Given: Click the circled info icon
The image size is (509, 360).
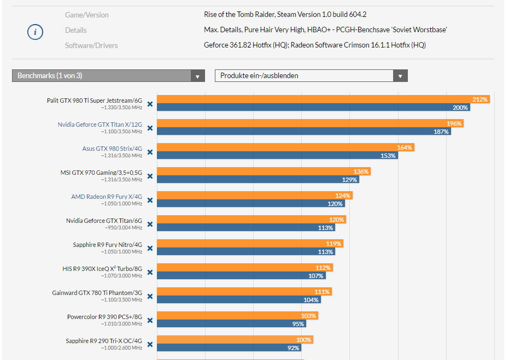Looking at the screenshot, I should pos(35,32).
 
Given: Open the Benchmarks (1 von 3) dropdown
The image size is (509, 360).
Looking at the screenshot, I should pos(108,76).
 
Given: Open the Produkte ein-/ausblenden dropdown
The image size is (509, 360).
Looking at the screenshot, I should pos(311,76).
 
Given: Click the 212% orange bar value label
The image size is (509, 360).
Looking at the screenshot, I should pos(480,99).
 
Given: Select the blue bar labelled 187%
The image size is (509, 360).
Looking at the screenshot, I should pos(303,132).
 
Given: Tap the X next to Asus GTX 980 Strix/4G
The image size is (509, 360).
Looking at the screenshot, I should pos(150,152).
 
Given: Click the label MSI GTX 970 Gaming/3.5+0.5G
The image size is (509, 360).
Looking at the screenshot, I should pos(101,173).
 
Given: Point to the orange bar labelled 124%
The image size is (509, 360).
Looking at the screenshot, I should pos(254,196).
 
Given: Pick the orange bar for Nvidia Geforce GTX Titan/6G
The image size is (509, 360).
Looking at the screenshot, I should pos(251,220).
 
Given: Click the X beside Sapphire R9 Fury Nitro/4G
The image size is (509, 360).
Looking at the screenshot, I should pos(150,249).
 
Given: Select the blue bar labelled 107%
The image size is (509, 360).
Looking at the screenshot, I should pos(241,276).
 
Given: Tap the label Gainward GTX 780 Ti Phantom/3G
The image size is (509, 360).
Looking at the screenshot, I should pos(97,293).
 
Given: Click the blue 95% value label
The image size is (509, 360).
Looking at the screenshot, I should pos(298,324).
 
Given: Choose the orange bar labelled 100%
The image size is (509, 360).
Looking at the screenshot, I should pos(235,340).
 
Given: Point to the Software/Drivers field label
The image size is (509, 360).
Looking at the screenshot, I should pos(91,45).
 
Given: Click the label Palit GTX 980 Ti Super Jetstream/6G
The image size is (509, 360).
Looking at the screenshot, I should pos(94,101).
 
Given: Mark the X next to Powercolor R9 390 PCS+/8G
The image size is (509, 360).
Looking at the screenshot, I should pos(150,321).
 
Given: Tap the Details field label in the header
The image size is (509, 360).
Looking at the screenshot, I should pos(75,30).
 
